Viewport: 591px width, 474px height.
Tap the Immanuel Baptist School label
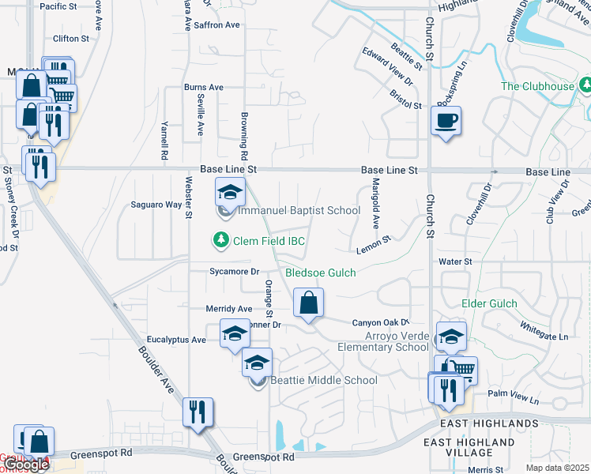(299, 210)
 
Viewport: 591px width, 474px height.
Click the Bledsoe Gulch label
(320, 273)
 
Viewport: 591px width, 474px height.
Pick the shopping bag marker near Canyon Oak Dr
(308, 302)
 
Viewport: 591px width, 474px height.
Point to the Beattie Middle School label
(324, 380)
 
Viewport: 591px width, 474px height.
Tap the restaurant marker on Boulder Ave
(198, 412)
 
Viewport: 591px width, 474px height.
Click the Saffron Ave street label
(216, 25)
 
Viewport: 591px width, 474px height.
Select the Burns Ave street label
(204, 88)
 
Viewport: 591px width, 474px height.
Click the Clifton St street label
(70, 39)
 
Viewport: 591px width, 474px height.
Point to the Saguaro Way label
(156, 205)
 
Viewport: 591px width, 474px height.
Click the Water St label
(456, 261)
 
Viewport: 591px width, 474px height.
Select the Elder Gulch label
(489, 303)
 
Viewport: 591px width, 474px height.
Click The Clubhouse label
(537, 86)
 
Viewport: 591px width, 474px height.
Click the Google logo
(25, 465)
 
